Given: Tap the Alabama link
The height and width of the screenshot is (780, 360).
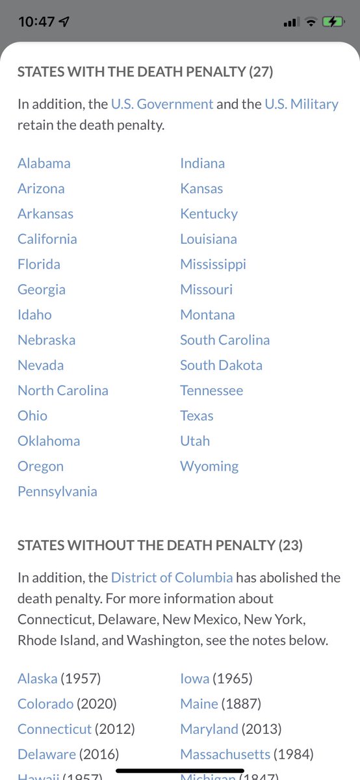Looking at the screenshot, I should (44, 163).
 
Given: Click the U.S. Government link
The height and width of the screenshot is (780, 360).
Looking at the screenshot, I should (162, 104).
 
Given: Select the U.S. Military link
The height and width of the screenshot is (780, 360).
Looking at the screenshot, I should (302, 104).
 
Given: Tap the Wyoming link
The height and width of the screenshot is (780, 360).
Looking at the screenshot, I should (209, 466).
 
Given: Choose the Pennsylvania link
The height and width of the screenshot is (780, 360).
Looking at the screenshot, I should (57, 491).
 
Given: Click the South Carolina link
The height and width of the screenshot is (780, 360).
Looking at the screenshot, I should (225, 340).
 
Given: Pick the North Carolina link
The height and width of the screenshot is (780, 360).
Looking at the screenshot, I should (63, 391).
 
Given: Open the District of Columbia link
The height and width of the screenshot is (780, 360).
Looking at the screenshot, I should (172, 577).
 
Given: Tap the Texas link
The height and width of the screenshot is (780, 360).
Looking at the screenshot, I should (197, 415).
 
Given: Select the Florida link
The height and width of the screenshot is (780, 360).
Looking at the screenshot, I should (39, 264).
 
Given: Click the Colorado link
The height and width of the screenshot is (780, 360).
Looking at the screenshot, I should (45, 704).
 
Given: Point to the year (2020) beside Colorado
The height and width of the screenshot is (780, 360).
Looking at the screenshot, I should (97, 704).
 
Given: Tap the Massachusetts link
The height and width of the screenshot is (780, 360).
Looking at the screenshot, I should (225, 755).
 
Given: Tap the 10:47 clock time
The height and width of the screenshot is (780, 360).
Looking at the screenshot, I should (36, 22).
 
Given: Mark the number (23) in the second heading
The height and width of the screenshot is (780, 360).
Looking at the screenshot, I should (290, 545).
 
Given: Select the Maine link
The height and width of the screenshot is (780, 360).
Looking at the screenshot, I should (199, 704).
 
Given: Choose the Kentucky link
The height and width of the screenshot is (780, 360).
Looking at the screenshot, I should (209, 214).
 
